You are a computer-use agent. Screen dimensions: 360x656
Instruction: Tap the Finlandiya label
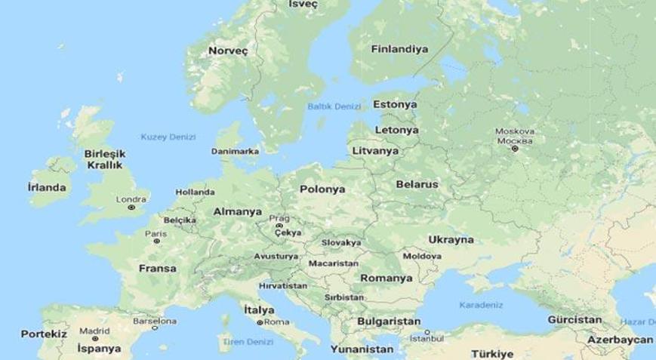click(399, 49)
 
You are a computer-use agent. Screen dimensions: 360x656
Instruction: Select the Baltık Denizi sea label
click(334, 106)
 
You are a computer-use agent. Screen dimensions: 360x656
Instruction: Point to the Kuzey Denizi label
click(168, 137)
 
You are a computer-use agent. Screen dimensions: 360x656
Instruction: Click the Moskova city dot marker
click(515, 149)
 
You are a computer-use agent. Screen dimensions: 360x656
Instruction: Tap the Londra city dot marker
click(132, 207)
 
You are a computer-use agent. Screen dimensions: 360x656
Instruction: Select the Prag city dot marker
click(279, 226)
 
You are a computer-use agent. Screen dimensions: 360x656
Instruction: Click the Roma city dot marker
click(260, 322)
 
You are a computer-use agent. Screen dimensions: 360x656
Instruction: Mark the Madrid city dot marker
click(95, 337)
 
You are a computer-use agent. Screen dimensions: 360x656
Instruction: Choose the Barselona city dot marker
click(155, 328)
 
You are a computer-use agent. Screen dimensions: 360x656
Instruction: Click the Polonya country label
click(322, 189)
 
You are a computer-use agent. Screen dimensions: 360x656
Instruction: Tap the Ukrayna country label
click(451, 239)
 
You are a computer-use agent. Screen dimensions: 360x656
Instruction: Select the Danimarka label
click(235, 151)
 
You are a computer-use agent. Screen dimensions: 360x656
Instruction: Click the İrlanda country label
click(46, 187)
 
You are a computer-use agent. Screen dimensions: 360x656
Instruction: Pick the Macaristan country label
click(332, 263)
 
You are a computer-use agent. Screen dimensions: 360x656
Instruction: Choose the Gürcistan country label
click(574, 320)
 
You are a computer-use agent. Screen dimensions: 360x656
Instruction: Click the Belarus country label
click(417, 183)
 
